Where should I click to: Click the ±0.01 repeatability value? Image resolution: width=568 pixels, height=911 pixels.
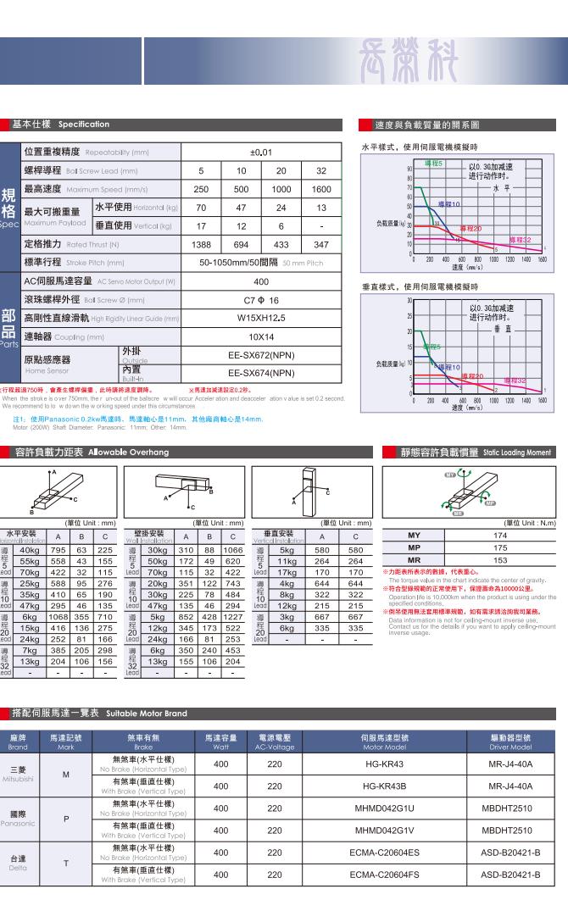click(261, 153)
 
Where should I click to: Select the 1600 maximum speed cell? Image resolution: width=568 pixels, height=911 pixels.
click(322, 189)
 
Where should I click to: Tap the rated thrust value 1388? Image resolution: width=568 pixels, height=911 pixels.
click(201, 244)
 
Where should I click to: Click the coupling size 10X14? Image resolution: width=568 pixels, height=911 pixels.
click(261, 336)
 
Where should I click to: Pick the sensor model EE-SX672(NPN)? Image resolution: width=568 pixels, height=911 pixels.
click(261, 356)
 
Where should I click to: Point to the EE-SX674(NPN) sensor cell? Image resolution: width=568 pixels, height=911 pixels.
click(261, 372)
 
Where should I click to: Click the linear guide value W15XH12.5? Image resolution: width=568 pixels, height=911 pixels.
click(261, 318)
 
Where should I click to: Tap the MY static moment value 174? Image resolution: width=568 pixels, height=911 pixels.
click(499, 536)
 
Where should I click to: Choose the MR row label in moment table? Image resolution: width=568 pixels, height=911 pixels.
click(414, 560)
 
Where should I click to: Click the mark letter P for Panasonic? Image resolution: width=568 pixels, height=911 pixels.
click(65, 819)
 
